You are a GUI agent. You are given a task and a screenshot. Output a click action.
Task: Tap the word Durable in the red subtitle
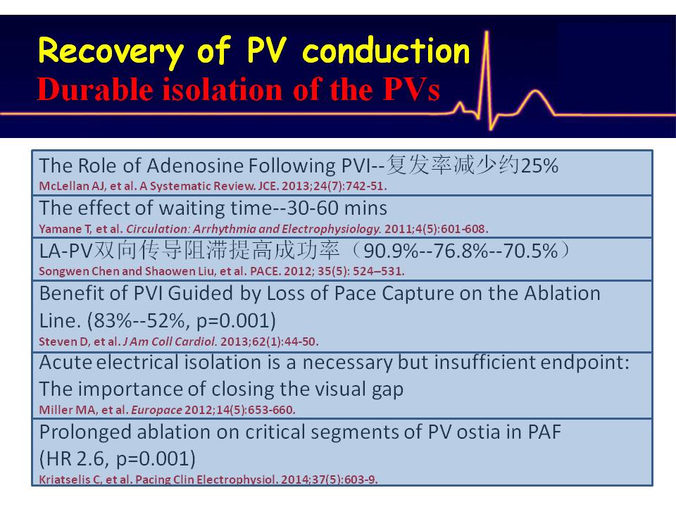pyautogui.click(x=95, y=89)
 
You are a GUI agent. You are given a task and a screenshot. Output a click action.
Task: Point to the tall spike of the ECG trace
pyautogui.click(x=487, y=80)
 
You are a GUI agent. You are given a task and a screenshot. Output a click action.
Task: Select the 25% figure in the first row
pyautogui.click(x=539, y=165)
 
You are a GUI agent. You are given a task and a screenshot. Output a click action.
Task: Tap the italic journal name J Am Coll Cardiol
pyautogui.click(x=170, y=342)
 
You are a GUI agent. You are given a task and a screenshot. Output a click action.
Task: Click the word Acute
pyautogui.click(x=65, y=362)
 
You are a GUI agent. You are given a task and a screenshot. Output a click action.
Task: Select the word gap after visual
pyautogui.click(x=387, y=390)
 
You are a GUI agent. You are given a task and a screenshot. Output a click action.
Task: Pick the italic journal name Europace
pyautogui.click(x=156, y=410)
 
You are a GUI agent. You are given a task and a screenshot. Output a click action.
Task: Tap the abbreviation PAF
pyautogui.click(x=544, y=432)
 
